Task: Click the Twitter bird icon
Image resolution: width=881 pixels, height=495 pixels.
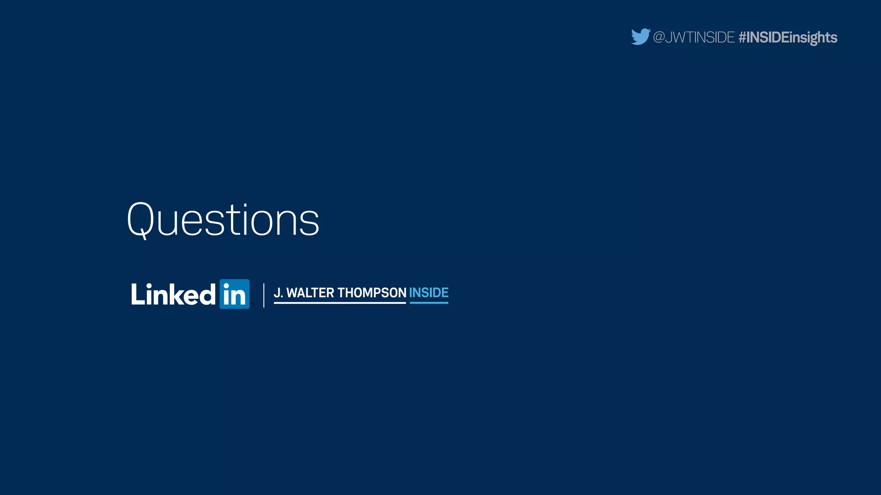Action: pos(640,37)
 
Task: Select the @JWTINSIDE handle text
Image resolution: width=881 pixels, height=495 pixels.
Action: pos(693,37)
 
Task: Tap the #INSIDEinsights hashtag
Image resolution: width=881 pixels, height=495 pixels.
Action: pos(788,37)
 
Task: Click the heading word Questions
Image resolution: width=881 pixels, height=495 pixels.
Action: pos(223,220)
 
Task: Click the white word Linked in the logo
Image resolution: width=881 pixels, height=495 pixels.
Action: pos(173,294)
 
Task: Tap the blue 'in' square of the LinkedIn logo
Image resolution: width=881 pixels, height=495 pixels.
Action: pos(234,294)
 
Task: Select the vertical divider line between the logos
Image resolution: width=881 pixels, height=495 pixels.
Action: pos(264,295)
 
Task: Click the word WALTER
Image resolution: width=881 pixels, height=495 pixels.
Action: pos(310,293)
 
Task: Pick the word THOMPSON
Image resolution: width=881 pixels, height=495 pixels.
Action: pos(372,293)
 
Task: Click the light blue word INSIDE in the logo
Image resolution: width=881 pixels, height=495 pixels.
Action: pos(428,293)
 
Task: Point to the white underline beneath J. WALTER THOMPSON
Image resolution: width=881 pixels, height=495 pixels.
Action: pos(339,303)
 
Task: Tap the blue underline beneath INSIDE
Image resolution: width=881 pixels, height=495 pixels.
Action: pos(428,303)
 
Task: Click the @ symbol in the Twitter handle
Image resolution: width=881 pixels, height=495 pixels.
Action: pos(659,37)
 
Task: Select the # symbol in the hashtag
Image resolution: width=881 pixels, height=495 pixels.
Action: pos(742,37)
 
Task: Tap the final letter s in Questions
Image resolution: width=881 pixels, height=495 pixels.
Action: pos(309,225)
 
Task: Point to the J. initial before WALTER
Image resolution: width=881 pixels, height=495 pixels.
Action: pos(278,293)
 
